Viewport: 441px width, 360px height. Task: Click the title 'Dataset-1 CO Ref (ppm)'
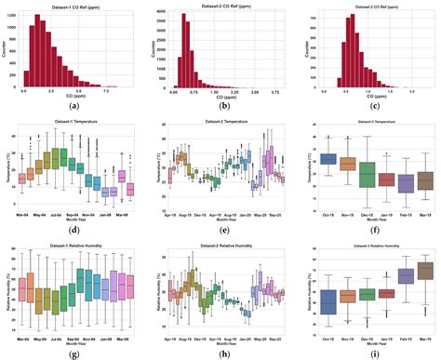click(74, 6)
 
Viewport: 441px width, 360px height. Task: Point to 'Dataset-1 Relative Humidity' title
click(74, 246)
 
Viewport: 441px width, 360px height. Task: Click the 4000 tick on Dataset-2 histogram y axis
click(165, 12)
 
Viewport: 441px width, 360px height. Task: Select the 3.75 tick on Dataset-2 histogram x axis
click(277, 94)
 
